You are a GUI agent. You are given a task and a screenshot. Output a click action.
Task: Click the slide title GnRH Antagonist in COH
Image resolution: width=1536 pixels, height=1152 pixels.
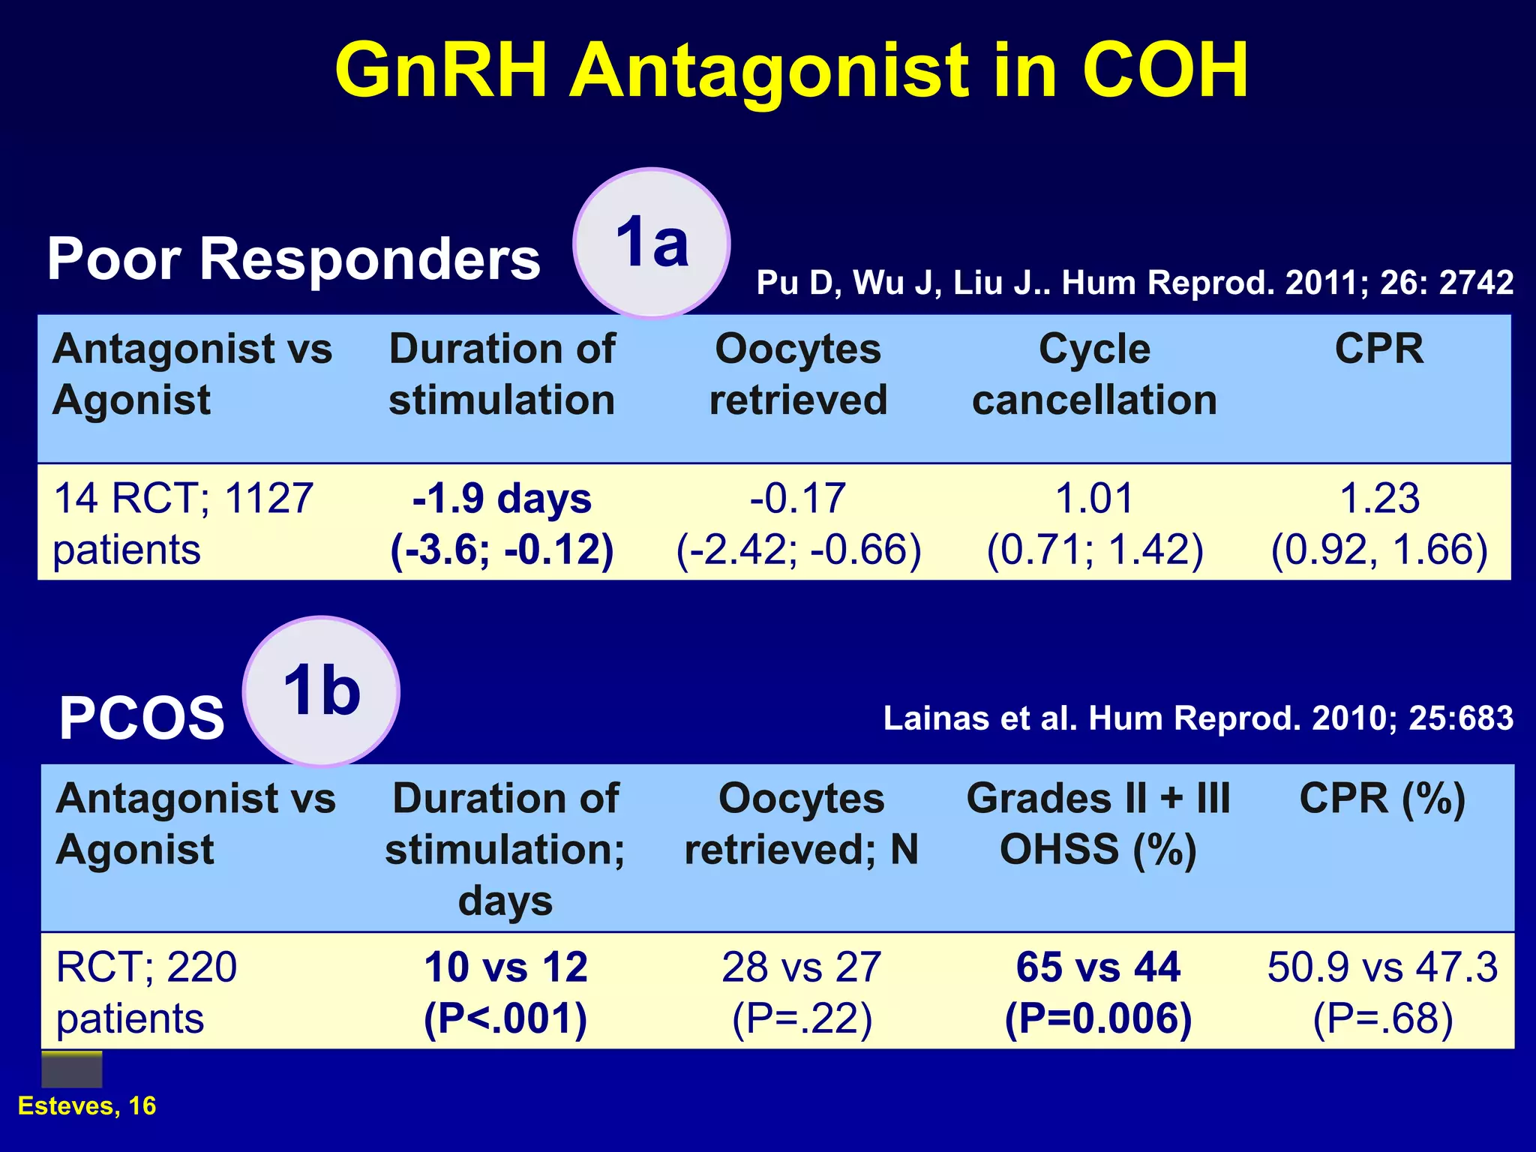[x=791, y=70]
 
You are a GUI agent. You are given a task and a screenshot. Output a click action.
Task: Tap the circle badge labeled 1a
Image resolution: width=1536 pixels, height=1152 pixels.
[x=651, y=243]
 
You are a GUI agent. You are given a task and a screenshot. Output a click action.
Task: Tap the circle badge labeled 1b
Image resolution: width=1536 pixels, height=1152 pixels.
[x=321, y=691]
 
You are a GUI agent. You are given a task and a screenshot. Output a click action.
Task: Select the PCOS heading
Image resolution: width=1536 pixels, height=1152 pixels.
[x=142, y=718]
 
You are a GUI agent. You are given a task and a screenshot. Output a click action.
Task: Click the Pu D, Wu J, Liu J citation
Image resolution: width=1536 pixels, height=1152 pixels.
[x=1134, y=283]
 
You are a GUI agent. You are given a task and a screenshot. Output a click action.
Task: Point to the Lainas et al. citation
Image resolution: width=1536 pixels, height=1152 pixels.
[x=1198, y=718]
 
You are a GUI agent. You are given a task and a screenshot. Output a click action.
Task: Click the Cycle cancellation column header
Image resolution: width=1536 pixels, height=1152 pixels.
[x=1094, y=374]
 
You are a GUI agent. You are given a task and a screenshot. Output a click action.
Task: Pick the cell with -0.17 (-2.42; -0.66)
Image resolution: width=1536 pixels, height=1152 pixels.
[x=798, y=523]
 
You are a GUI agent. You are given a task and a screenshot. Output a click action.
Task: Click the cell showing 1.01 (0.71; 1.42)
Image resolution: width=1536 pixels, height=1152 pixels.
[x=1094, y=523]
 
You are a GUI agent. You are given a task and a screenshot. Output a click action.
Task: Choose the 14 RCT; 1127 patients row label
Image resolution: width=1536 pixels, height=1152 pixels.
[x=183, y=523]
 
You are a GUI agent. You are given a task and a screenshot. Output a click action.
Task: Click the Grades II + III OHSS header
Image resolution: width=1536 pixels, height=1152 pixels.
[x=1098, y=823]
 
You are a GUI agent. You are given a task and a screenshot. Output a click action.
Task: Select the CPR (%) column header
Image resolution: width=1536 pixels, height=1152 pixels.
[x=1382, y=799]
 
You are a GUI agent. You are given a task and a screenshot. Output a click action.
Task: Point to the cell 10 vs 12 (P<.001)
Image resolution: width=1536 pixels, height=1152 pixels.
[x=505, y=991]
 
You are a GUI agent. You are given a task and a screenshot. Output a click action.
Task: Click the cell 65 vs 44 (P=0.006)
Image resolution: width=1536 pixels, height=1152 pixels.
[x=1098, y=991]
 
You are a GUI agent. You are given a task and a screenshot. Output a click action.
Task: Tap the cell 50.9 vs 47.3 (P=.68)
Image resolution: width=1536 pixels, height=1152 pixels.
[x=1382, y=991]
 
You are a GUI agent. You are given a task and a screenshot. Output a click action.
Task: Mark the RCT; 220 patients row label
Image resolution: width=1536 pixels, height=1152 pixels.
[x=146, y=991]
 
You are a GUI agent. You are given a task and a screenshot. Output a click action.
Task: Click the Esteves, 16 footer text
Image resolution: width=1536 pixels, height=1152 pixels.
[x=87, y=1105]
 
